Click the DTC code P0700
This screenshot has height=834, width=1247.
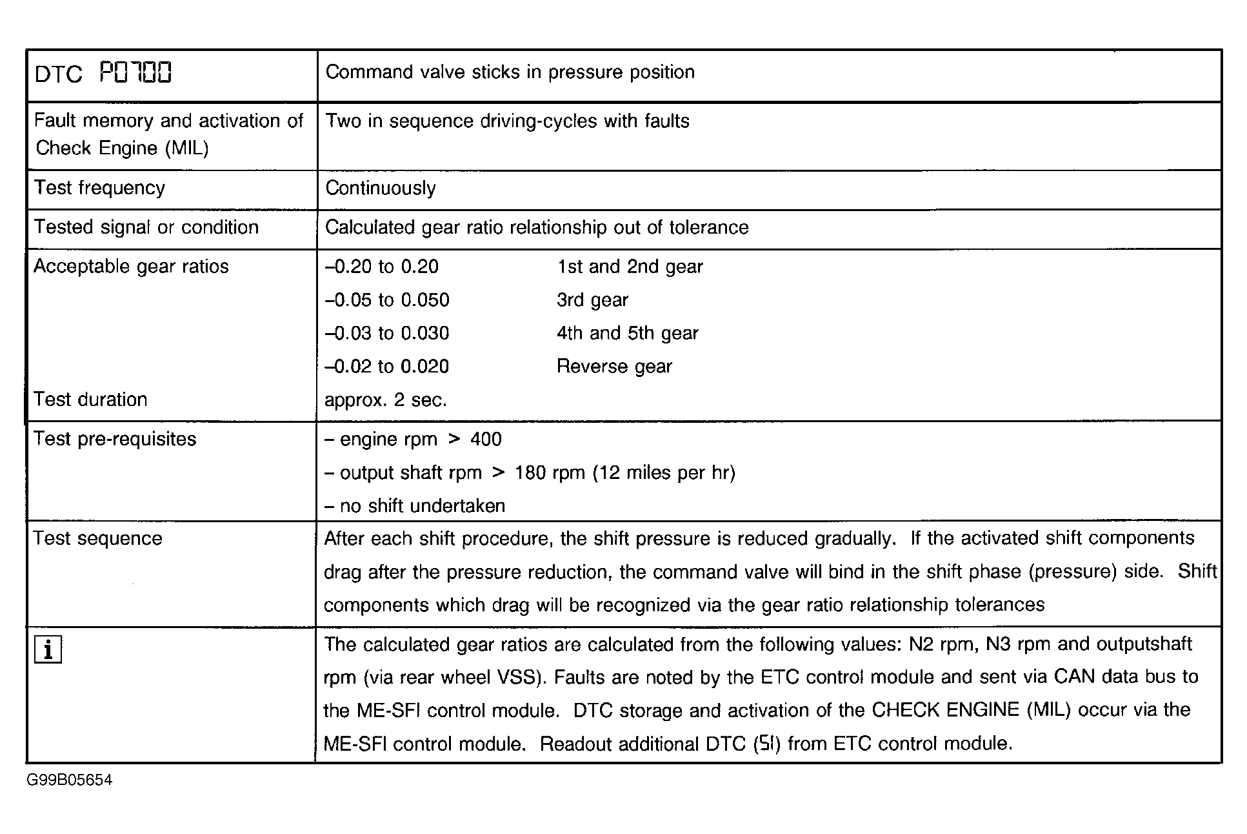[x=135, y=73]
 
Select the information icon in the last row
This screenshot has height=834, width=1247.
[x=48, y=650]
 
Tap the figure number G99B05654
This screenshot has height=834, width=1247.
[x=70, y=780]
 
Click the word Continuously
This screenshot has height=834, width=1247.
[x=381, y=188]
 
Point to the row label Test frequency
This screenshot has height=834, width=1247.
[x=100, y=188]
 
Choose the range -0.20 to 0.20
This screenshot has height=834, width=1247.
[x=382, y=267]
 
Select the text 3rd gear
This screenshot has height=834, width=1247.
[x=592, y=300]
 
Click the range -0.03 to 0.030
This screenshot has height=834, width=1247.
[x=387, y=333]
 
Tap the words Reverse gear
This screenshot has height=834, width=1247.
[x=614, y=367]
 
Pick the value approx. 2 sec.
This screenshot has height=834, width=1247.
[x=385, y=400]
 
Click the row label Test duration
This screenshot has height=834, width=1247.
[x=91, y=400]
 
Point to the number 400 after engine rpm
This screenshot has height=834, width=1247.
[x=486, y=440]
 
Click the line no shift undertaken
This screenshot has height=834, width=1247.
[x=415, y=506]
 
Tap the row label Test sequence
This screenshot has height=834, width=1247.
[x=98, y=538]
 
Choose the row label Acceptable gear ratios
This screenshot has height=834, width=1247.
[x=132, y=267]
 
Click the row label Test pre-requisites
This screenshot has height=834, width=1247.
[x=115, y=439]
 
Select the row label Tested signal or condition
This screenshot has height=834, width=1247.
[x=146, y=227]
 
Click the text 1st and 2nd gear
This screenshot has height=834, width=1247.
[x=630, y=267]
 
